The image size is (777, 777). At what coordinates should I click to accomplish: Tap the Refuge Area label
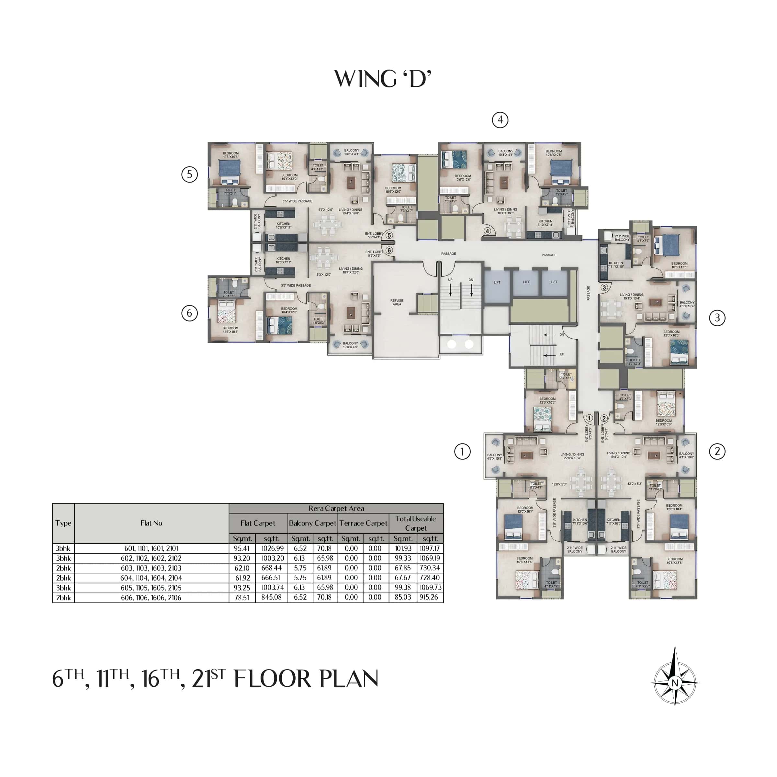point(397,302)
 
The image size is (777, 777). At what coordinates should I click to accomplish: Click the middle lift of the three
point(526,282)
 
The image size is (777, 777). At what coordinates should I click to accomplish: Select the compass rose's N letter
point(675,683)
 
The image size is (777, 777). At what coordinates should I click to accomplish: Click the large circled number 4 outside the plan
point(500,120)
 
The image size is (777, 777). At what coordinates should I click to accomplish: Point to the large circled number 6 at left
point(189,313)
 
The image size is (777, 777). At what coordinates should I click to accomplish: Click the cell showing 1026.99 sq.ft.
point(272,548)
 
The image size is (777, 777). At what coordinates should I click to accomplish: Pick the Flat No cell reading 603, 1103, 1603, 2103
point(151,568)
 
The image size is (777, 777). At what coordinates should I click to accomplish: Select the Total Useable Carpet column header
point(415,523)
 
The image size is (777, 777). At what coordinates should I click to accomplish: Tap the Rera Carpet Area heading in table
point(336,508)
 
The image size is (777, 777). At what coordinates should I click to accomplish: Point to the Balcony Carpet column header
point(312,523)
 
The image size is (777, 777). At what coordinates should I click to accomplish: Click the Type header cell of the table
point(63,523)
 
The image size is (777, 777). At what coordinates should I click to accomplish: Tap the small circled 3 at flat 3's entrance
point(604,287)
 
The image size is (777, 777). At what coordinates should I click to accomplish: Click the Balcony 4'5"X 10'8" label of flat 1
point(494,456)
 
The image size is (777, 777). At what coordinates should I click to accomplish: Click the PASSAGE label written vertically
point(588,293)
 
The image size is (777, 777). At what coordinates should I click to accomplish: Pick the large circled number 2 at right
point(717,451)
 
